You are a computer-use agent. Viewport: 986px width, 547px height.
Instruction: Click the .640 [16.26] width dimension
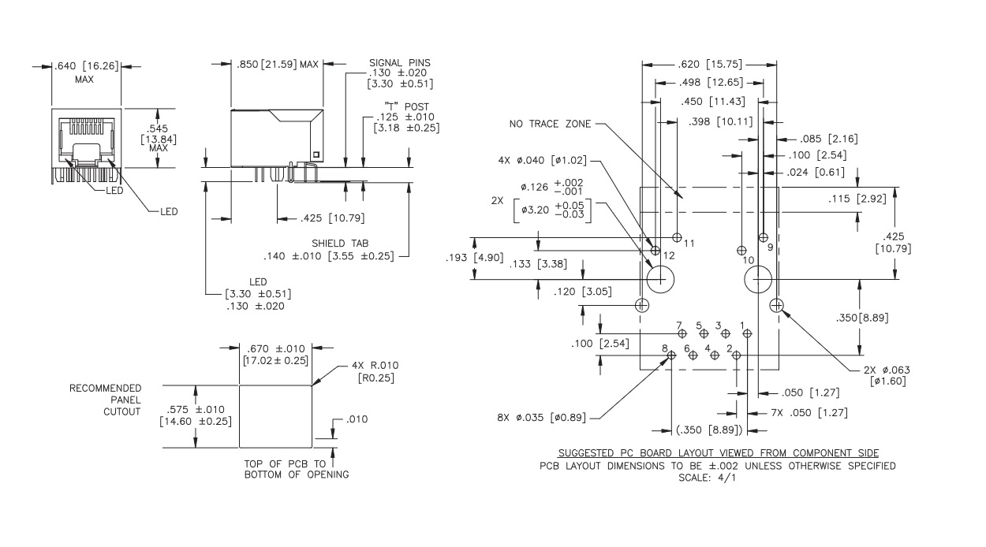pos(87,66)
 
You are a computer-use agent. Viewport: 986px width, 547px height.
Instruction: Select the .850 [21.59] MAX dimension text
pos(277,65)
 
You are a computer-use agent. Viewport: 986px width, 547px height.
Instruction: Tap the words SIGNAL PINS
pos(400,63)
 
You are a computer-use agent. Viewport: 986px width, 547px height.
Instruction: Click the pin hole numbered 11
pos(678,236)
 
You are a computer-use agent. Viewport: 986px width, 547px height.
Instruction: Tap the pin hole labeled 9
pos(763,236)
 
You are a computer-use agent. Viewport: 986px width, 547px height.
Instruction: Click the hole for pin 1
pos(747,333)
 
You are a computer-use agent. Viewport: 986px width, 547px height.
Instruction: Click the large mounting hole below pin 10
pos(760,279)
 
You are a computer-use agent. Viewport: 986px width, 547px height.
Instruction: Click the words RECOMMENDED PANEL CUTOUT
pos(105,400)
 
